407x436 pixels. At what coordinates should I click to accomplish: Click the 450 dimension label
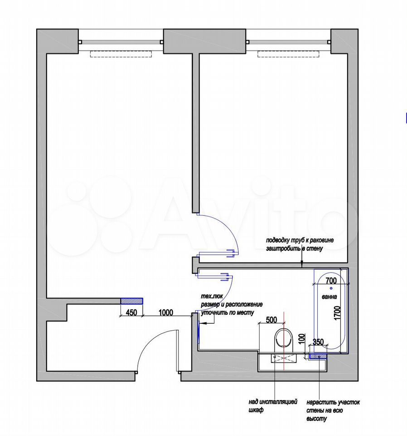pyautogui.click(x=131, y=312)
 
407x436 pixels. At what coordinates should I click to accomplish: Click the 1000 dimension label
pyautogui.click(x=165, y=312)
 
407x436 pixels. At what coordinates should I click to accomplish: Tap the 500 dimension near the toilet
pyautogui.click(x=271, y=320)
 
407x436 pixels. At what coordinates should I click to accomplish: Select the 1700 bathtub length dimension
pyautogui.click(x=337, y=313)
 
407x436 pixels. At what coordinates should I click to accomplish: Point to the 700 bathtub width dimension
pyautogui.click(x=331, y=281)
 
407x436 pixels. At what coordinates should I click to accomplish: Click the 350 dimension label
pyautogui.click(x=318, y=342)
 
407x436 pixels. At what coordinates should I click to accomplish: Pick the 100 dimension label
pyautogui.click(x=302, y=339)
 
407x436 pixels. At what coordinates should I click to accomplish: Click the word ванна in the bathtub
pyautogui.click(x=329, y=297)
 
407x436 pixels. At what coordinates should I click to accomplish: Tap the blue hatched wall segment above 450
pyautogui.click(x=132, y=301)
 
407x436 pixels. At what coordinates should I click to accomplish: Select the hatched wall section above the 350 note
pyautogui.click(x=318, y=356)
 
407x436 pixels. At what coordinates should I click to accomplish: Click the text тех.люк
pyautogui.click(x=212, y=297)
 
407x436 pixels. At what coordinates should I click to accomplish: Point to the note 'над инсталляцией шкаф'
pyautogui.click(x=273, y=406)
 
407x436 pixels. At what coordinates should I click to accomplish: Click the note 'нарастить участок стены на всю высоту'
pyautogui.click(x=333, y=411)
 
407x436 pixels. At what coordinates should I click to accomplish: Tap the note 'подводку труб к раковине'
pyautogui.click(x=300, y=240)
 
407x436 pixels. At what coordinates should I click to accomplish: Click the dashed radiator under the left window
pyautogui.click(x=121, y=54)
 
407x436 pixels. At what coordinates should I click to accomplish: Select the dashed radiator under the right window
pyautogui.click(x=288, y=54)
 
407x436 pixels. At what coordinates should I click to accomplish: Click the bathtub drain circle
pyautogui.click(x=331, y=288)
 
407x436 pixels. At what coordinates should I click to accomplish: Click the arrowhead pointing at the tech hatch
pyautogui.click(x=202, y=323)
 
